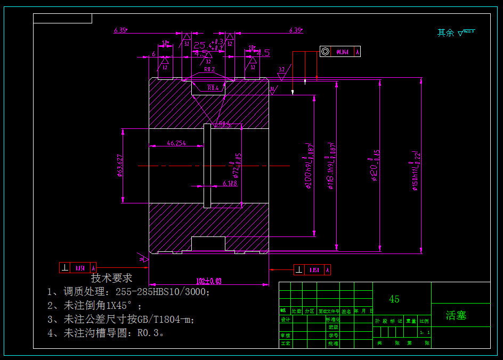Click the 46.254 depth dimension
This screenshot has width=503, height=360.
pyautogui.click(x=176, y=143)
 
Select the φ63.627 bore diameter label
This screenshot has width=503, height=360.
pyautogui.click(x=120, y=166)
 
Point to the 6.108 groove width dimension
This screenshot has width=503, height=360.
pyautogui.click(x=230, y=183)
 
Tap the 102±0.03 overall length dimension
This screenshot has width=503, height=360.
pyautogui.click(x=209, y=281)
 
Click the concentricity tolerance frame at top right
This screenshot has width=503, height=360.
pyautogui.click(x=340, y=52)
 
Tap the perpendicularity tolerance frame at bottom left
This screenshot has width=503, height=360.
pyautogui.click(x=78, y=268)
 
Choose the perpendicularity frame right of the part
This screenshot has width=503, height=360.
pyautogui.click(x=312, y=270)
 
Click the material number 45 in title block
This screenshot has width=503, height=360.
pyautogui.click(x=394, y=299)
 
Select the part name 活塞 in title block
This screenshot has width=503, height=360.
pyautogui.click(x=456, y=315)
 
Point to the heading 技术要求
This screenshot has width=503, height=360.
pyautogui.click(x=112, y=278)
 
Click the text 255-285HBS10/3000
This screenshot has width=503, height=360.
pyautogui.click(x=163, y=292)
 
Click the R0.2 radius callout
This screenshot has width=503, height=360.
pyautogui.click(x=209, y=69)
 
